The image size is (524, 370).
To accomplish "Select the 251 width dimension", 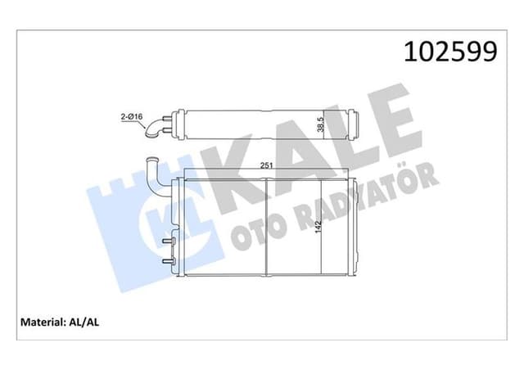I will [x=266, y=166].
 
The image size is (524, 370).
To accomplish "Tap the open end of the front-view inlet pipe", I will [x=151, y=160].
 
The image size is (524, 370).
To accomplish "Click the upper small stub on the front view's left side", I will [x=169, y=242].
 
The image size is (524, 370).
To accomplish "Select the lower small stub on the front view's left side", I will [x=169, y=261].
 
